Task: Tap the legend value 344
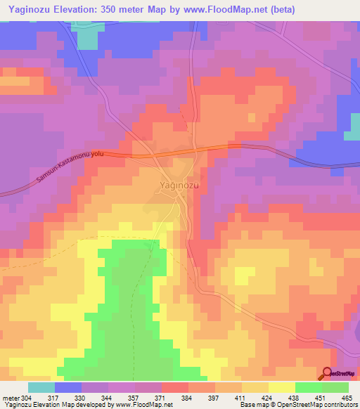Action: [109, 398]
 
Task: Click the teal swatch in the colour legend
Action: [41, 387]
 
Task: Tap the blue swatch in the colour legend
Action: [68, 387]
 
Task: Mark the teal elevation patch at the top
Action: [87, 39]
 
